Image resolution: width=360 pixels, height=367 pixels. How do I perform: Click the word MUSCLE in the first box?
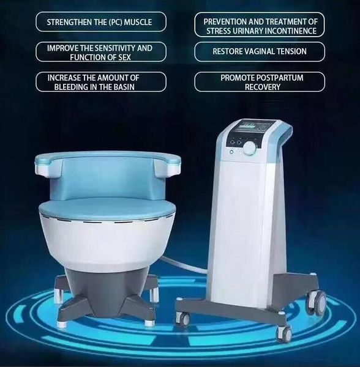[138, 22]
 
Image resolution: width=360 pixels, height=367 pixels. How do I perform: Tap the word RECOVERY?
[263, 87]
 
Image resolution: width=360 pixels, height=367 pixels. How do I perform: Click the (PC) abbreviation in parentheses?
[115, 22]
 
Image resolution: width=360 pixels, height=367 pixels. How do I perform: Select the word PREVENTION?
[225, 22]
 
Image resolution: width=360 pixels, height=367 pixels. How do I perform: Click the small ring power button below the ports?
[232, 152]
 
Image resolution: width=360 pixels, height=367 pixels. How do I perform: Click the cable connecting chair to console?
[185, 264]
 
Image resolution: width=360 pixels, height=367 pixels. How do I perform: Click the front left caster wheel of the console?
[182, 317]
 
